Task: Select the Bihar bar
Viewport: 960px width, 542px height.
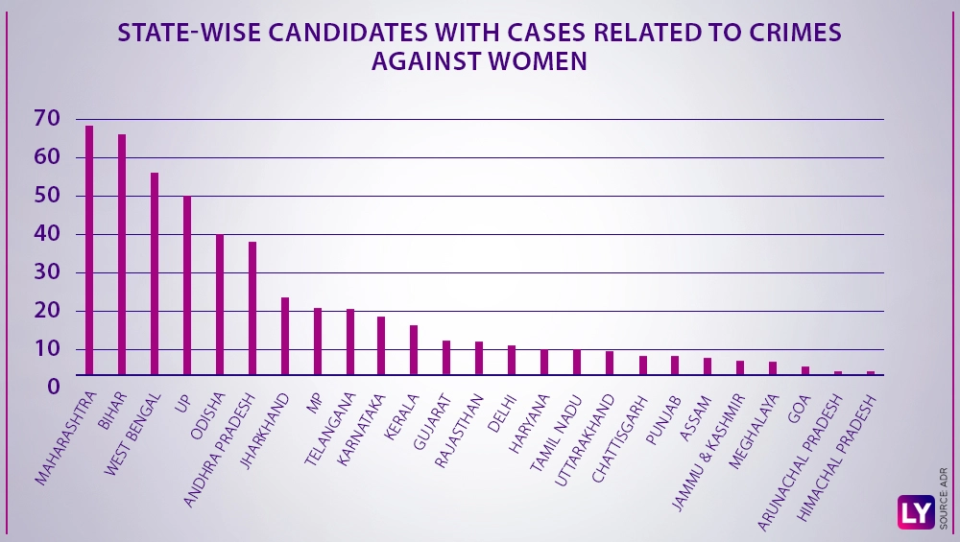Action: pos(122,254)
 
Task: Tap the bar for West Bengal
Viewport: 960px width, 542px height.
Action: pos(155,273)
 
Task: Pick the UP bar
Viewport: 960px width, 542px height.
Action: pos(187,285)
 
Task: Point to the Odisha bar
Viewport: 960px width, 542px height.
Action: pos(220,304)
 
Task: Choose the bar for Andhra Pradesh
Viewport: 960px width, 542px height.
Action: pos(252,308)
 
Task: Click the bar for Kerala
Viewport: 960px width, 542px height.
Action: pos(414,350)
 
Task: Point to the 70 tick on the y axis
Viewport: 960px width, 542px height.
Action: pos(46,119)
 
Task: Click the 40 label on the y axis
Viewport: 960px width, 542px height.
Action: pos(46,234)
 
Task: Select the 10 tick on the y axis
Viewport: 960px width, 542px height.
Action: pos(46,349)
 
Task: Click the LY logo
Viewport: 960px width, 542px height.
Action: pos(915,512)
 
